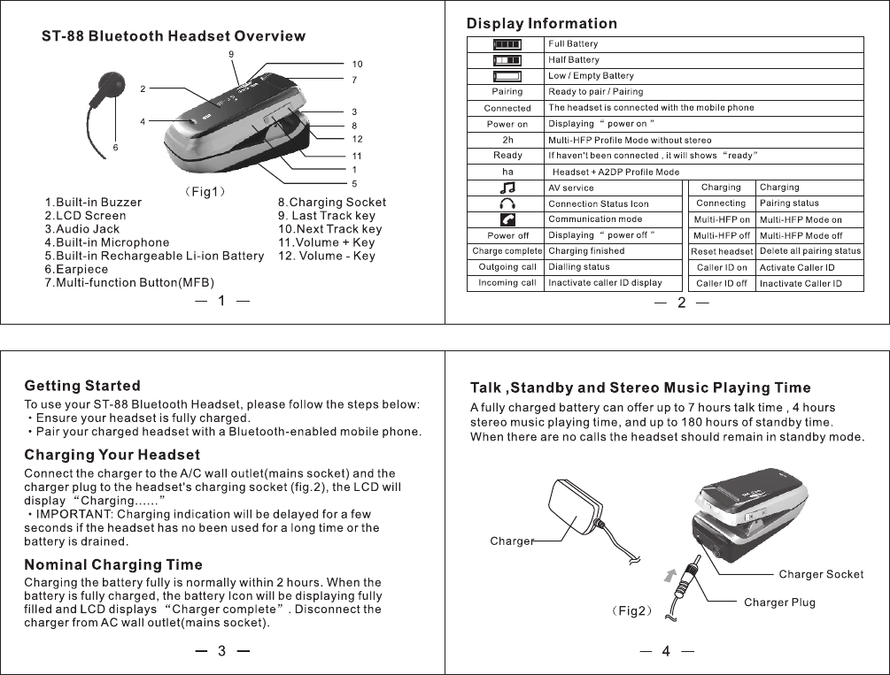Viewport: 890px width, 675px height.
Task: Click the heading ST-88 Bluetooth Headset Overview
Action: (x=174, y=36)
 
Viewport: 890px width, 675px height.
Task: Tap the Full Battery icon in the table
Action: (x=507, y=43)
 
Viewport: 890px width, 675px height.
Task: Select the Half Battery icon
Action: (x=507, y=59)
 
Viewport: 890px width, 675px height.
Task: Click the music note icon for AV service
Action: (x=507, y=188)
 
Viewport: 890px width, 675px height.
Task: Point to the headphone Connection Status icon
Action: (x=507, y=203)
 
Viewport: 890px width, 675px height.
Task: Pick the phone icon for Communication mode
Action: (x=507, y=219)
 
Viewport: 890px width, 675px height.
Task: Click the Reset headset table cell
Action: (x=722, y=251)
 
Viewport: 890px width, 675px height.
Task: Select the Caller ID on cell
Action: (x=722, y=267)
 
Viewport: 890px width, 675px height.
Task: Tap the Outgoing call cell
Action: (x=507, y=267)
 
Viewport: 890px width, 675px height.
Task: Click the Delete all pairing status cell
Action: (x=809, y=251)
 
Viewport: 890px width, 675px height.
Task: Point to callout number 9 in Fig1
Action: (x=231, y=54)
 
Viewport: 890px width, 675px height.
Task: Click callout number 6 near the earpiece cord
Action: (x=114, y=147)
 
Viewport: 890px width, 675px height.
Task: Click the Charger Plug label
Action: (x=779, y=602)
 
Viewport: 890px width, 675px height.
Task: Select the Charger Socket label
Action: (x=821, y=574)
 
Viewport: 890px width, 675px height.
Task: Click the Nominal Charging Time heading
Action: (x=113, y=564)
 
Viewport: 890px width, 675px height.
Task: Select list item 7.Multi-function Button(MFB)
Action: (x=129, y=282)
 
